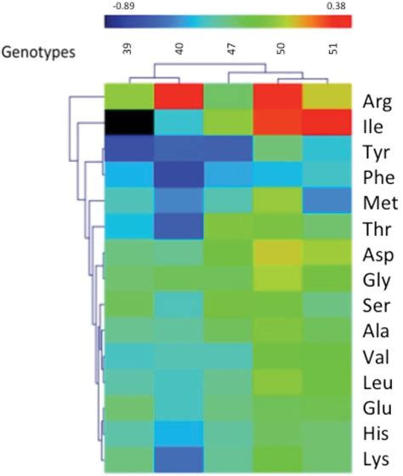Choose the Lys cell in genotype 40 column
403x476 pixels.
[x=178, y=459]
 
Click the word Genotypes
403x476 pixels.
[x=39, y=52]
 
